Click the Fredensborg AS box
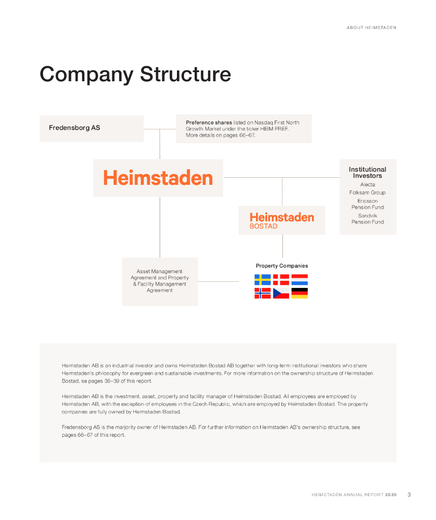91,128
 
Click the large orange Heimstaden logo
158,178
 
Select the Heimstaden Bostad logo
281,220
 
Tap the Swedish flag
263,280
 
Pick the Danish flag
281,280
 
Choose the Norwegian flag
263,293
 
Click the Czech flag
281,293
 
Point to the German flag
300,293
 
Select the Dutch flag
300,280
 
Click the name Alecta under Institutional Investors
368,185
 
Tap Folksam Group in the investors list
368,193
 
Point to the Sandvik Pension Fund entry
368,219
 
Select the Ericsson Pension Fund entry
368,204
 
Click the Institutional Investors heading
368,173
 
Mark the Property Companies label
281,266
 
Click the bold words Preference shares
209,122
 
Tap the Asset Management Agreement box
160,281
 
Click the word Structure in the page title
186,74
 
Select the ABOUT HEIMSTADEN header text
371,27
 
